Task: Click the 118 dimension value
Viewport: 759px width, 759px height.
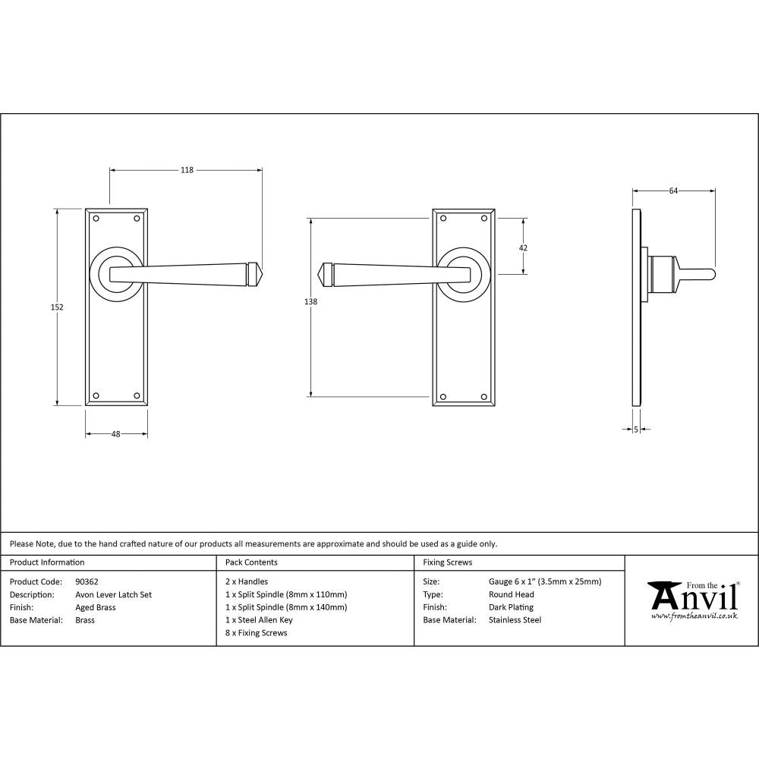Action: coord(187,170)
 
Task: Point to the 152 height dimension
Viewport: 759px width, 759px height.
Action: coord(57,307)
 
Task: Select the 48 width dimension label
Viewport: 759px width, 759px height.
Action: coord(116,434)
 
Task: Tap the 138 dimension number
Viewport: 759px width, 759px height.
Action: coord(310,301)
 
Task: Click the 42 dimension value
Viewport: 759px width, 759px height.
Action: coord(523,247)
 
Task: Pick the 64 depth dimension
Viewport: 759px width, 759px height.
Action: coord(673,191)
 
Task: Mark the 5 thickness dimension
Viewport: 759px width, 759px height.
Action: coord(635,430)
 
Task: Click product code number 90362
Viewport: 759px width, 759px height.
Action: coord(87,582)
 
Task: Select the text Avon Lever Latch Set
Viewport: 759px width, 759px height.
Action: coord(114,595)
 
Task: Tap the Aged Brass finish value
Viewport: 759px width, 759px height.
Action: coord(96,607)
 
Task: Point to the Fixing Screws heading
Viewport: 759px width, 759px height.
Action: coord(447,562)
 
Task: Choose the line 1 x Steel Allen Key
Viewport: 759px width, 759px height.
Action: coord(259,620)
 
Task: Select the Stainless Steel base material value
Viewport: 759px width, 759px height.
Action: coord(515,620)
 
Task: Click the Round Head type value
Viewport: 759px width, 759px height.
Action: coord(512,595)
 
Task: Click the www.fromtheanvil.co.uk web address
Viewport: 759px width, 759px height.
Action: coord(694,616)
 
